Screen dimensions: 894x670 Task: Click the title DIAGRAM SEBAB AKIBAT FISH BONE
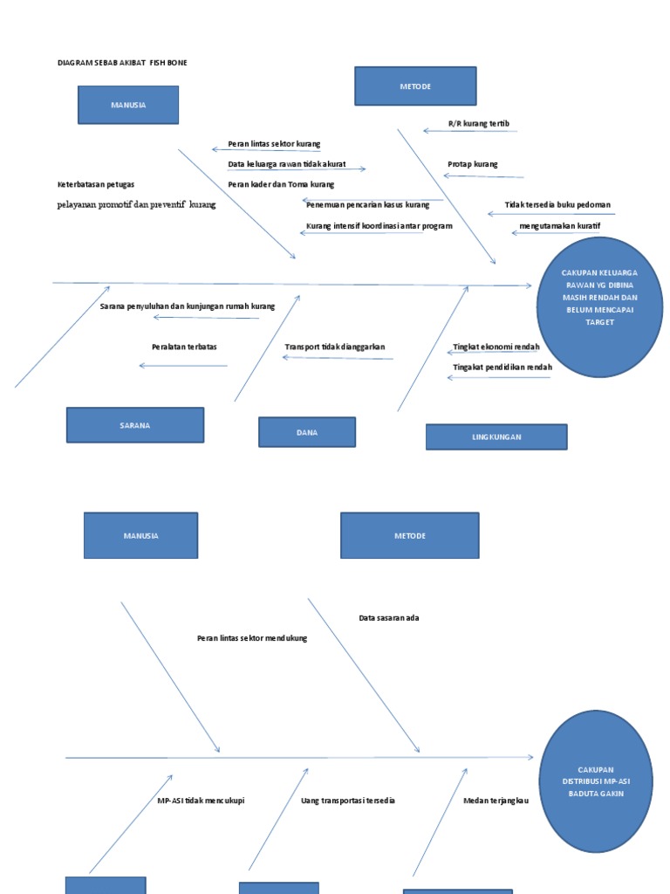[122, 63]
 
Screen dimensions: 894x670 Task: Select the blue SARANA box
[135, 425]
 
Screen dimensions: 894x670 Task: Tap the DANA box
[307, 432]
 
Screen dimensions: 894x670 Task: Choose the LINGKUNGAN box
[496, 437]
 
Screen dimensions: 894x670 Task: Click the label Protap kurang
[473, 164]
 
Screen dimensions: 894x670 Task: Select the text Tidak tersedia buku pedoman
[557, 205]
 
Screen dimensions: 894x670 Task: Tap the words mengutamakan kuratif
[559, 226]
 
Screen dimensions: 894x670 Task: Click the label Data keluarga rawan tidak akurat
[287, 164]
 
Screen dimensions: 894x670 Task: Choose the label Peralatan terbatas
[184, 347]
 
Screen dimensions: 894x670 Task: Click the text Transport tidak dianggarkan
[334, 347]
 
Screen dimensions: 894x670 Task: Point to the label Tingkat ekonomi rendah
[496, 347]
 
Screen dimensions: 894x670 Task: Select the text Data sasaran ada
[389, 618]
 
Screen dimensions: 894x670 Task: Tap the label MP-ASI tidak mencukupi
[201, 801]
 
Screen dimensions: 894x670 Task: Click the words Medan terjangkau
[496, 801]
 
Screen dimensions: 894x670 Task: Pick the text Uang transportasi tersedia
[348, 801]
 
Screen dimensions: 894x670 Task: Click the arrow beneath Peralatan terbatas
[183, 366]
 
